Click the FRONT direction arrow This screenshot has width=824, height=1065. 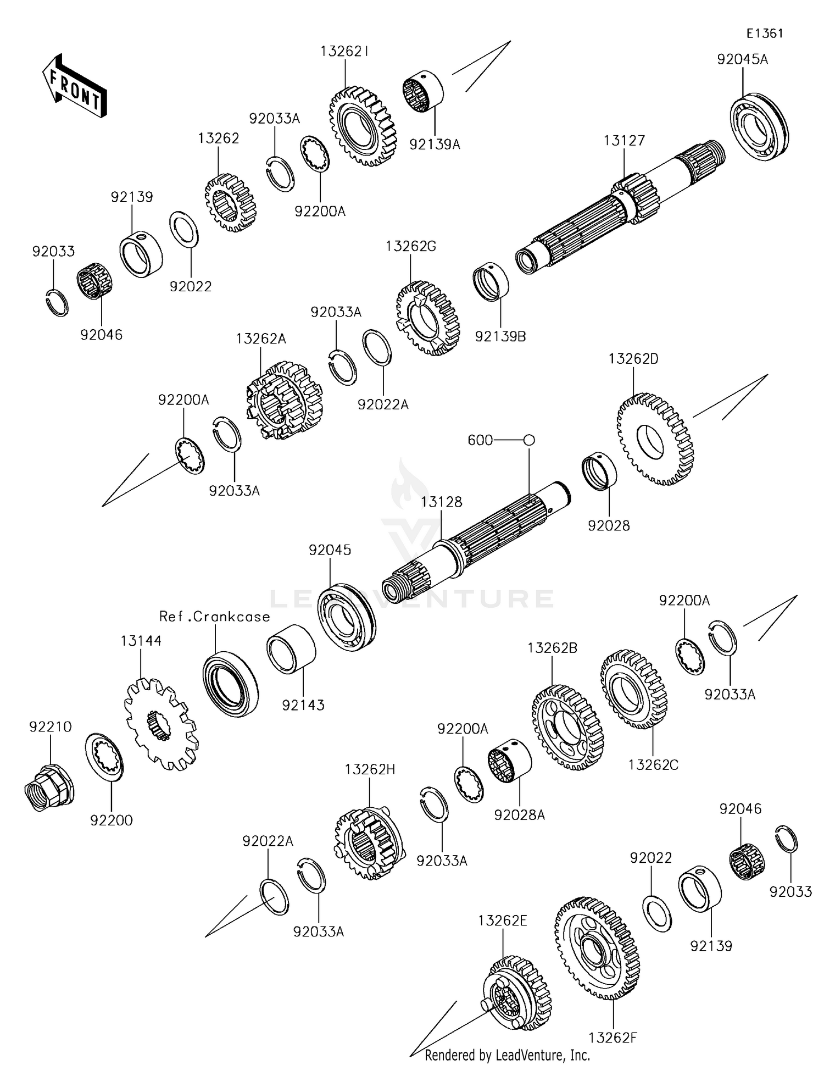click(74, 87)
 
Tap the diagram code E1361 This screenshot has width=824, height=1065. click(764, 34)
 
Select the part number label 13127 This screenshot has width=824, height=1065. click(624, 141)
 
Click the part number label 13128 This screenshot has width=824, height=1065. click(442, 502)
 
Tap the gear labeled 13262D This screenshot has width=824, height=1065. click(655, 439)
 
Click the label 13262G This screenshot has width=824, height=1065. click(410, 246)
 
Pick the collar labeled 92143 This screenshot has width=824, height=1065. click(291, 649)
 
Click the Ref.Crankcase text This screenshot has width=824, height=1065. click(215, 617)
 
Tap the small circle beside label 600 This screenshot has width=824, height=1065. click(528, 440)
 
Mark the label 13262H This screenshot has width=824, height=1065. click(370, 769)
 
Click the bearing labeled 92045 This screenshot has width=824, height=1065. click(347, 617)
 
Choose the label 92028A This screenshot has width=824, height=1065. click(519, 815)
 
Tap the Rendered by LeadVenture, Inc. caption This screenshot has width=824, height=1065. click(507, 1055)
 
